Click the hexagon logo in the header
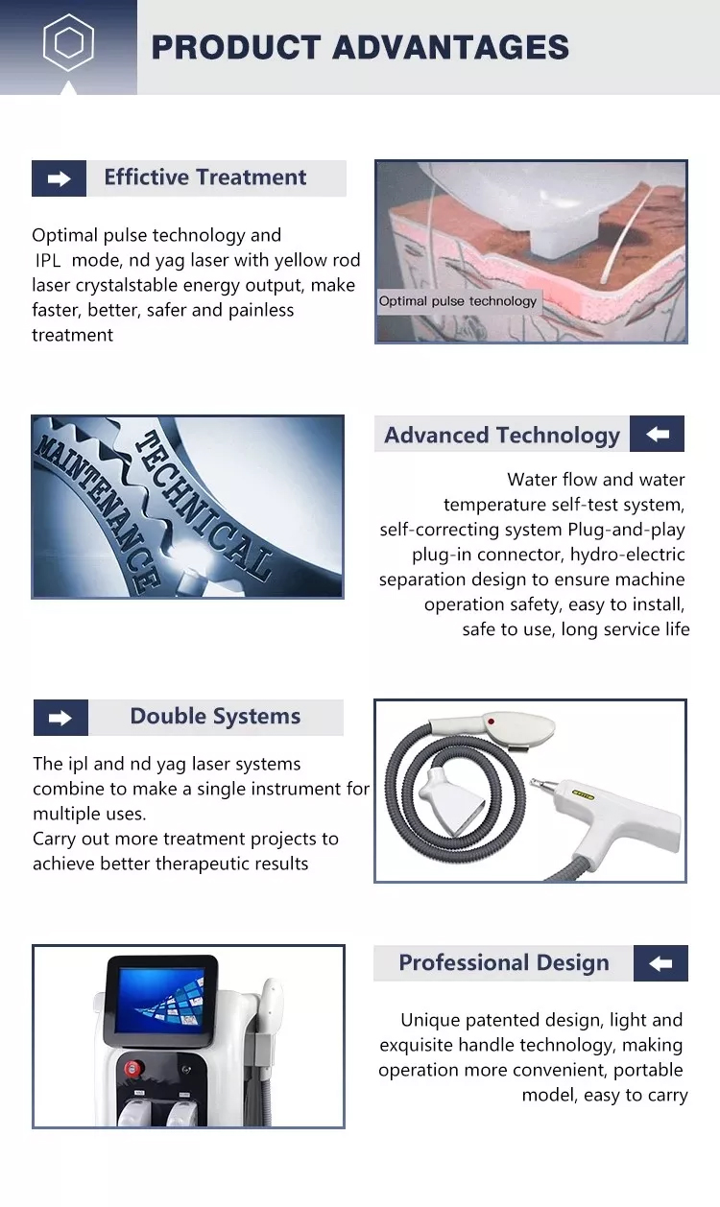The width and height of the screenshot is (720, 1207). pyautogui.click(x=68, y=42)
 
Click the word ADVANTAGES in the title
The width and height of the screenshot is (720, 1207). pyautogui.click(x=450, y=47)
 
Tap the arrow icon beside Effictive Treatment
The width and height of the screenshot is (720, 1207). pyautogui.click(x=59, y=178)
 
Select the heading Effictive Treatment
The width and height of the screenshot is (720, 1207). pyautogui.click(x=204, y=177)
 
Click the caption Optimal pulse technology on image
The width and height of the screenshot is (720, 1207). pyautogui.click(x=457, y=301)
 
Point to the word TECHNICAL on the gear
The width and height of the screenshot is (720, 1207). pyautogui.click(x=204, y=506)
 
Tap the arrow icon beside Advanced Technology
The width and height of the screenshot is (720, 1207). pyautogui.click(x=658, y=434)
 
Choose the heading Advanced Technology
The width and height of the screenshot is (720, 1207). pyautogui.click(x=501, y=436)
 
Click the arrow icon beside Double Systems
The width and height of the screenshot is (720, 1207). pyautogui.click(x=60, y=718)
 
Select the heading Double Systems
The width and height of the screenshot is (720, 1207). pyautogui.click(x=215, y=717)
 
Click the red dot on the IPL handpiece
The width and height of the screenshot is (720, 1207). pyautogui.click(x=491, y=722)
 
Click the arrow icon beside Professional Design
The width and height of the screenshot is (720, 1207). pyautogui.click(x=660, y=963)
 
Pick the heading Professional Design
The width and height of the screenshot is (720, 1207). pyautogui.click(x=504, y=963)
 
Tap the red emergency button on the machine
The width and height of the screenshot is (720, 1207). pyautogui.click(x=133, y=1068)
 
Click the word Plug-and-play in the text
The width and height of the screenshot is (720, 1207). pyautogui.click(x=626, y=531)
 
